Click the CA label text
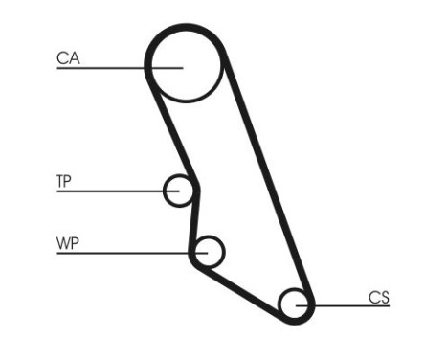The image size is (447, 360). click(67, 58)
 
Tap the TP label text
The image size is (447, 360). click(65, 181)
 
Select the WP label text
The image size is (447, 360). click(67, 242)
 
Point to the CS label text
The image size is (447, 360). click(379, 298)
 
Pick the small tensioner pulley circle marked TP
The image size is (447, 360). click(178, 191)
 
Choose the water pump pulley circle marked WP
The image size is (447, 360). click(207, 252)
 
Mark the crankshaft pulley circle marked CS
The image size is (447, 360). click(296, 305)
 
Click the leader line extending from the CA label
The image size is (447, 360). click(105, 68)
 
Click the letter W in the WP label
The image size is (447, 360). click(62, 242)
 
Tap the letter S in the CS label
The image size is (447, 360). click(385, 298)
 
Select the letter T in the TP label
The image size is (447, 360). click(60, 181)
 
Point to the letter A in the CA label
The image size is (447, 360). click(73, 58)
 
